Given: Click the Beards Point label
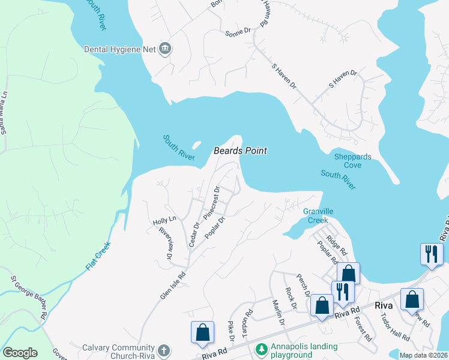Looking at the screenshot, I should tap(240, 151).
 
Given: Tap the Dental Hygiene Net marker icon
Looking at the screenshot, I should tap(165, 49).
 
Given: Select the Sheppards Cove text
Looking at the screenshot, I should tap(352, 161).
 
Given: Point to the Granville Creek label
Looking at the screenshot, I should tap(318, 215).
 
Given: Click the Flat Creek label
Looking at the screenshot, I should tap(98, 255).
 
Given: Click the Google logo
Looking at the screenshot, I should tap(20, 353).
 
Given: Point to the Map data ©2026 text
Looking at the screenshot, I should tap(423, 355).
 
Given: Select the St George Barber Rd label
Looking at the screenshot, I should tap(29, 297).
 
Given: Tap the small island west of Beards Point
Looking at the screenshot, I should tap(196, 145).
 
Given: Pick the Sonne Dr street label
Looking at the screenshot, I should tap(238, 31).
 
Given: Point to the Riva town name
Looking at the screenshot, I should tap(384, 305).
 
